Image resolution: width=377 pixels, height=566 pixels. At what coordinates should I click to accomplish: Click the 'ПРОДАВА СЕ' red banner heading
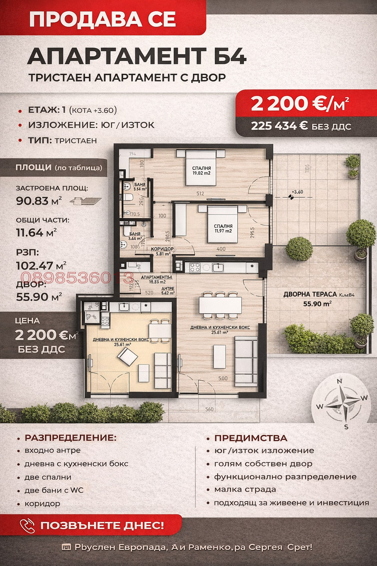pos(102,19)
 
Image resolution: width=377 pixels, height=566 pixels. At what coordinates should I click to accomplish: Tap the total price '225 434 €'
pos(279,126)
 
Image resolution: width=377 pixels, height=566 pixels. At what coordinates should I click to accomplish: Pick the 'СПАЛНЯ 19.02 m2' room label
pos(201,171)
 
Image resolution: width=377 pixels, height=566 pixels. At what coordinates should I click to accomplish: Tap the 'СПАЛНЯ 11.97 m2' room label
pos(223,228)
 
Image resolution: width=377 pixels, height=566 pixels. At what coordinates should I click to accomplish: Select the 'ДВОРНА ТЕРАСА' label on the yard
pos(310,294)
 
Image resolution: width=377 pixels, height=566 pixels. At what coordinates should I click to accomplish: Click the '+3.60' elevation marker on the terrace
pos(297,192)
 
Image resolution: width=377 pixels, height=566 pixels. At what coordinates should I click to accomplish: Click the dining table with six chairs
pos(220,305)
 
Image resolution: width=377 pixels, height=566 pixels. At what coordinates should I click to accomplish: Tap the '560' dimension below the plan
pos(209,409)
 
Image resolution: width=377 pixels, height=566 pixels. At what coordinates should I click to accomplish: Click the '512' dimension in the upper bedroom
pos(200,193)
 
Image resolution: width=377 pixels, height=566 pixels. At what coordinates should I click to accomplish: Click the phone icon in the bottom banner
pos(27,525)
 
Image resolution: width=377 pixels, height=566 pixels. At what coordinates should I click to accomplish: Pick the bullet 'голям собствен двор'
pos(263,464)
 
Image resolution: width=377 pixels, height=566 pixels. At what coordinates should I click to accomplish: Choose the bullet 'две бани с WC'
pos(54,490)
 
